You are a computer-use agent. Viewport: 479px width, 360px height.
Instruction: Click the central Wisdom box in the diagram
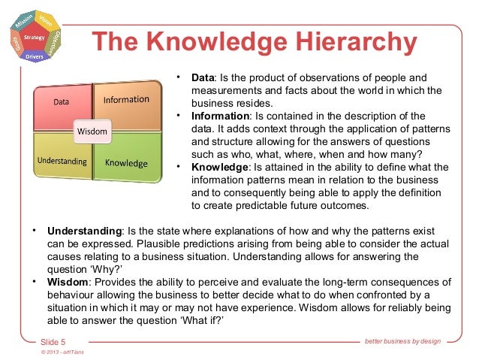pos(92,132)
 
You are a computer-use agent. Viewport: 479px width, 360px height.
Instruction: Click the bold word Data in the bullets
pos(203,77)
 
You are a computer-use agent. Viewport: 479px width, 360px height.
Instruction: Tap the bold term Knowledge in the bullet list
pos(218,167)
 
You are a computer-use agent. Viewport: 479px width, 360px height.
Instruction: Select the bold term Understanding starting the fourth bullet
pos(84,231)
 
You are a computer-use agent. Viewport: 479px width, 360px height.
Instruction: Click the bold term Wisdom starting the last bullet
pos(68,282)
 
